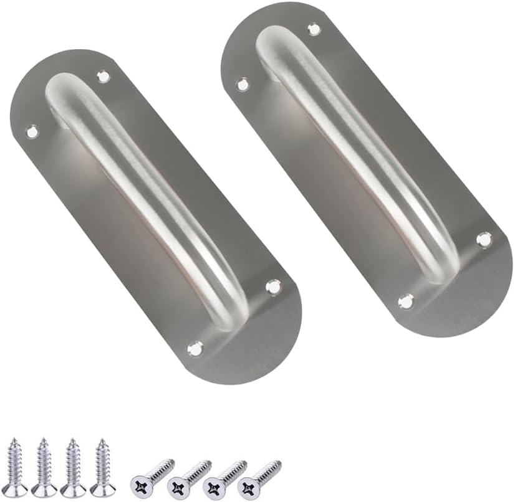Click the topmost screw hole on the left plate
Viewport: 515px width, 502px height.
(x=103, y=77)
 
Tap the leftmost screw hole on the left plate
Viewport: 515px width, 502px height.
(x=31, y=131)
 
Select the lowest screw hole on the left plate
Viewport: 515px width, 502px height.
(x=195, y=349)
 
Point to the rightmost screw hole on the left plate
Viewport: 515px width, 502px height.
(x=273, y=287)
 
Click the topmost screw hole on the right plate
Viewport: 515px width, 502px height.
(x=314, y=29)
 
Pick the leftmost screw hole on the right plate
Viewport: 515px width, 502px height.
(x=242, y=83)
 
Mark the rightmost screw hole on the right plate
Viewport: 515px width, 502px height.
(x=484, y=239)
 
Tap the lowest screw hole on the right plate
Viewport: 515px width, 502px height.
(x=406, y=301)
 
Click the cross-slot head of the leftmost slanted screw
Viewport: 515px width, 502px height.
(x=140, y=483)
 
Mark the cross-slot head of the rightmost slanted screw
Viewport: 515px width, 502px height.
(x=249, y=483)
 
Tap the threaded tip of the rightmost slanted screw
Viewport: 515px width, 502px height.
(x=278, y=463)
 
